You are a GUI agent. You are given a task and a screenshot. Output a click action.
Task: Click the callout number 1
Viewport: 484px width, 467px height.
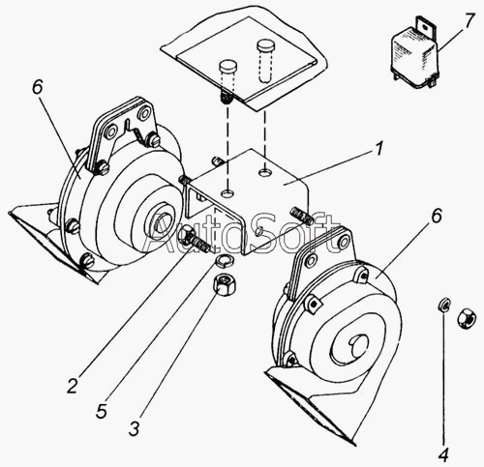pyautogui.click(x=378, y=150)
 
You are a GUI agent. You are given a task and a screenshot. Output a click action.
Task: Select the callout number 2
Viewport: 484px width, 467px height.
pyautogui.click(x=73, y=385)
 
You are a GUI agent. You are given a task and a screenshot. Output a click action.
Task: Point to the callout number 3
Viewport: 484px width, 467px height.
pyautogui.click(x=134, y=427)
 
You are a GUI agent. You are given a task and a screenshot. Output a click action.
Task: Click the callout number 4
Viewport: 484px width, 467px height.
pyautogui.click(x=443, y=454)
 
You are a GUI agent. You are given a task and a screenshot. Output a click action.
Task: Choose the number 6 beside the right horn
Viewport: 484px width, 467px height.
pyautogui.click(x=436, y=216)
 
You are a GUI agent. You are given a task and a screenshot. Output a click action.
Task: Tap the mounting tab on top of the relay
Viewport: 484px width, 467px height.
pyautogui.click(x=425, y=25)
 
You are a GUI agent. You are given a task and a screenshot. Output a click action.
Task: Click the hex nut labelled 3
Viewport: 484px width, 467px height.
pyautogui.click(x=225, y=282)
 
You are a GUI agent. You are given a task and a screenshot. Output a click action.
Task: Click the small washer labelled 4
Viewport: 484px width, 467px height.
pyautogui.click(x=444, y=305)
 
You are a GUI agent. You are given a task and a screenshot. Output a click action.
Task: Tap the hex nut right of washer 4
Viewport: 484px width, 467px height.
pyautogui.click(x=467, y=317)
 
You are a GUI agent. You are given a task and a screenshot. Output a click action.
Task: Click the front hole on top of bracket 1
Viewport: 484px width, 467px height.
pyautogui.click(x=227, y=193)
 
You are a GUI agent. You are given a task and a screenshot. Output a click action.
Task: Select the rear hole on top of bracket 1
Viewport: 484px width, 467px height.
pyautogui.click(x=266, y=173)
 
